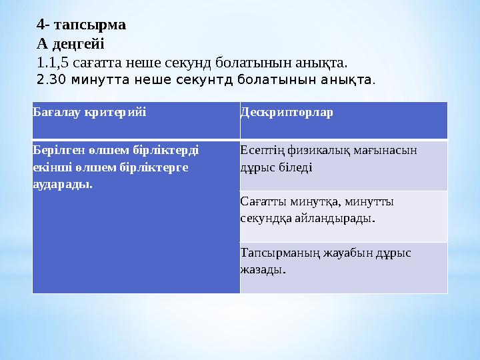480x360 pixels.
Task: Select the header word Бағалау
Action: pos(58,111)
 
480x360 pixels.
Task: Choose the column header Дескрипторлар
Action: pos(287,111)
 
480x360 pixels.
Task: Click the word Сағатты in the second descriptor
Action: pos(261,201)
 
